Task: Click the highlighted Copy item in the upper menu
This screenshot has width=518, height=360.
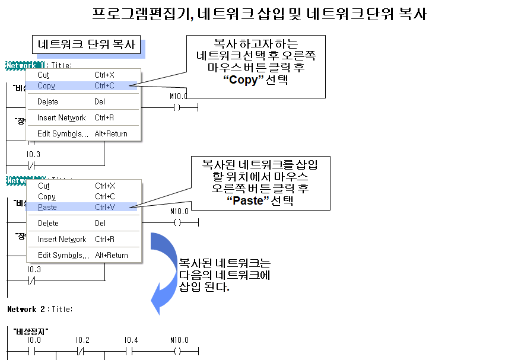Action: coord(46,86)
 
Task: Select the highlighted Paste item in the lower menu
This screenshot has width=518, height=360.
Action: coord(47,207)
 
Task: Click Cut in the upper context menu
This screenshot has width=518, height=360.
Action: coord(43,75)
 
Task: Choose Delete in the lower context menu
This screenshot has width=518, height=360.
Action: coord(48,224)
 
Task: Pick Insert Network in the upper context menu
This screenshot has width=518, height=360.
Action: coord(61,118)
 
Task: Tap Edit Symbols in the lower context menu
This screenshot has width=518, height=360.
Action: coord(62,255)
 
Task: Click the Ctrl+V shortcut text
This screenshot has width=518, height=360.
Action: coord(105,207)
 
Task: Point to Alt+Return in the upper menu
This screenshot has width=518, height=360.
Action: coord(111,134)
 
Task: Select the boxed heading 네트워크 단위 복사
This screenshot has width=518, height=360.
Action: coord(87,44)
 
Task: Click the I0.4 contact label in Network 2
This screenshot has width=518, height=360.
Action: coord(131,340)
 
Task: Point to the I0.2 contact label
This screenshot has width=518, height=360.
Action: coord(82,340)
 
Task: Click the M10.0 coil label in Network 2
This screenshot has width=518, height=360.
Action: coord(179,340)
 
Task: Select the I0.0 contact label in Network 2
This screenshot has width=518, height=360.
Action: coord(33,340)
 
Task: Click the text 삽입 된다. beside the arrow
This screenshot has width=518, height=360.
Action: coord(204,286)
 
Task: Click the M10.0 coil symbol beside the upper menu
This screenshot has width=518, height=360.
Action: coord(177,108)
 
